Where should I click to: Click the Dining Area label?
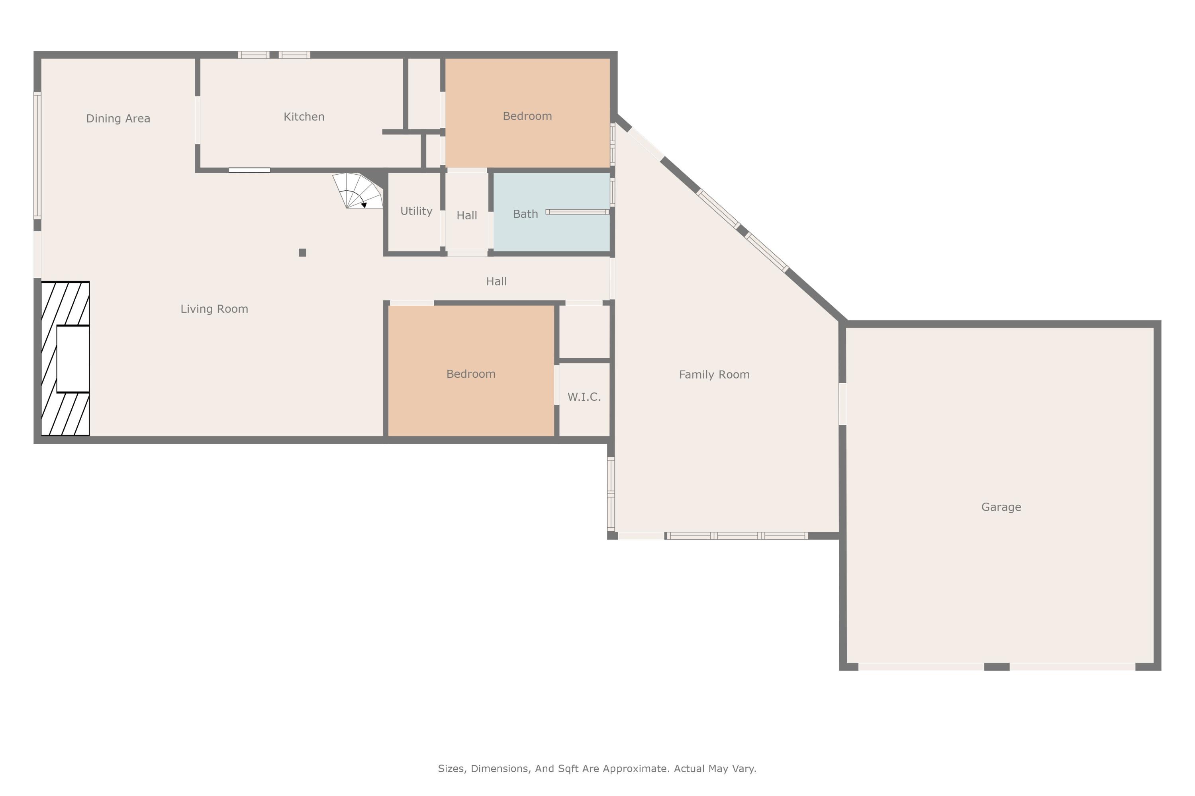click(x=118, y=118)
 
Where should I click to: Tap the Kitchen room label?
click(x=304, y=117)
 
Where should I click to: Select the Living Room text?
click(x=214, y=309)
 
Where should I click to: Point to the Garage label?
click(x=1001, y=507)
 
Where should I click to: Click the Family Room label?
click(x=714, y=375)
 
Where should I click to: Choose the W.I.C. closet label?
click(x=584, y=397)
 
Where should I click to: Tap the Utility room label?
click(x=416, y=211)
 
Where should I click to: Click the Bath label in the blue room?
click(x=525, y=214)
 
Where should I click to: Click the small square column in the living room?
click(x=302, y=253)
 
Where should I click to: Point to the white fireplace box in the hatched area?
click(x=73, y=359)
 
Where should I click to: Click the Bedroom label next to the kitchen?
click(x=527, y=116)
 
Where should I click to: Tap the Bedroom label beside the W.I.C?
click(x=471, y=374)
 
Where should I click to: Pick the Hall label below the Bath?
click(x=496, y=282)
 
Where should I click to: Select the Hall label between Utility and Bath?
click(x=466, y=216)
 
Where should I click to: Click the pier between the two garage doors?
click(x=997, y=667)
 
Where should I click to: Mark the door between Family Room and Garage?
click(x=842, y=404)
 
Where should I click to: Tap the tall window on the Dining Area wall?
click(x=37, y=156)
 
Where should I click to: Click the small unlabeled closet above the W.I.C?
click(x=584, y=332)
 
